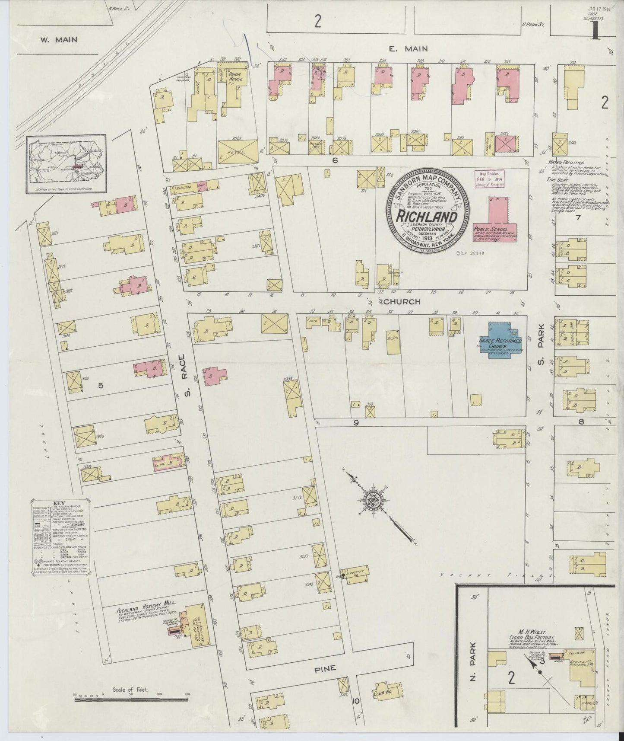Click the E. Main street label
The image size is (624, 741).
pos(402,49)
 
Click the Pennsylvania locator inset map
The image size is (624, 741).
pos(66,164)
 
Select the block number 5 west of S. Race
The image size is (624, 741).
pos(101,386)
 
